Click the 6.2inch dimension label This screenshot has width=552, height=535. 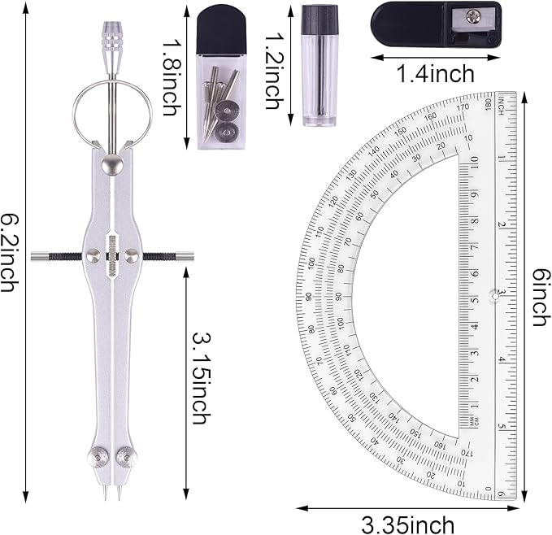(x=11, y=254)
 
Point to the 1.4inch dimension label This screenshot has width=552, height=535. (x=435, y=74)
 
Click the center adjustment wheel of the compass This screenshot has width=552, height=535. (x=112, y=256)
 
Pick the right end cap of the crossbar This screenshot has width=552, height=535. (x=185, y=256)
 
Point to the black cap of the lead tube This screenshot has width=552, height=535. (x=319, y=19)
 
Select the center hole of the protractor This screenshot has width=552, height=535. (x=494, y=296)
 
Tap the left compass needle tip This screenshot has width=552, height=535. (x=106, y=494)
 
